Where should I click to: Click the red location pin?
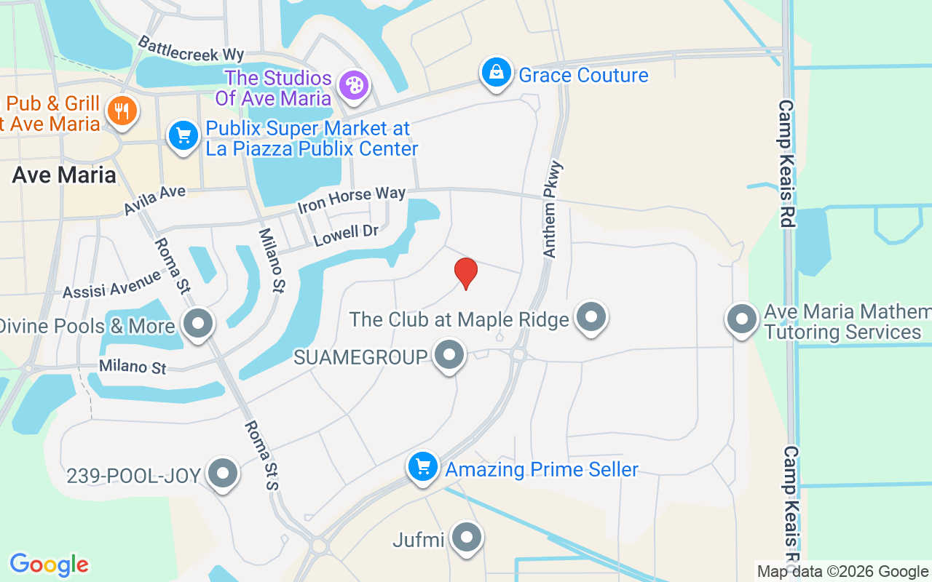point(465,273)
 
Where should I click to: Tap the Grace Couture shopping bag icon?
point(496,73)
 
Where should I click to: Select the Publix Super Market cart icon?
point(183,136)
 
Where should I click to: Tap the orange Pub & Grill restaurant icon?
point(122,111)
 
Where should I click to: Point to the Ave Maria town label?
point(64,175)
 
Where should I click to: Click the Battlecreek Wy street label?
point(191,49)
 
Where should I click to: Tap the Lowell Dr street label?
point(346,234)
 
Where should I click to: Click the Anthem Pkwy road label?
point(553,210)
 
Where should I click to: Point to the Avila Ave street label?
point(154,199)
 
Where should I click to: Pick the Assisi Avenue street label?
point(111,284)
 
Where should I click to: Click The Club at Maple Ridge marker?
point(591,317)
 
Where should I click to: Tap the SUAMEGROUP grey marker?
point(449,355)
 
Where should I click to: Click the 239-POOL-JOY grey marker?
point(223,474)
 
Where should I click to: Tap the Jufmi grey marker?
point(466,538)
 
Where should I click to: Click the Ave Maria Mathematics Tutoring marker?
point(742,319)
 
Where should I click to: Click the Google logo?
point(49,565)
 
